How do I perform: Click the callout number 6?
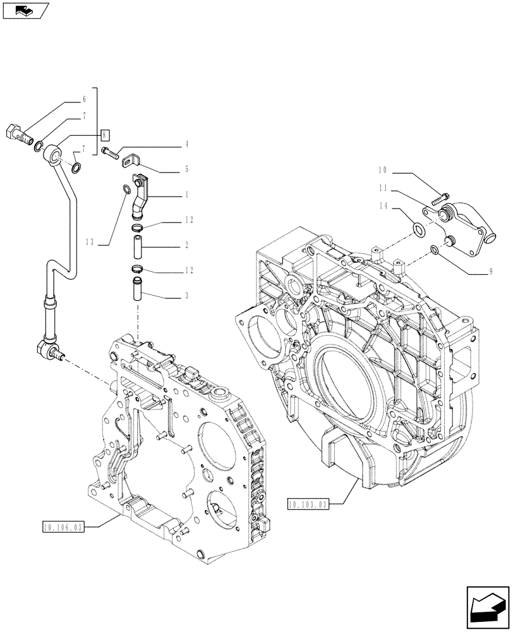point(83,99)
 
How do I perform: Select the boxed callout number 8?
point(106,134)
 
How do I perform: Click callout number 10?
point(382,170)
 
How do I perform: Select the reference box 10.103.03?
point(308,504)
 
